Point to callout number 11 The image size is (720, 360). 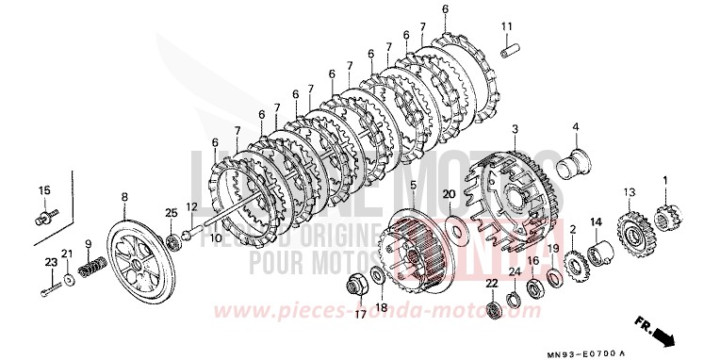[x=506, y=25]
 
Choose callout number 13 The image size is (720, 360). [x=626, y=192]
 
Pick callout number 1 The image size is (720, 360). [x=665, y=180]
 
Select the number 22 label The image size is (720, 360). [x=492, y=284]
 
